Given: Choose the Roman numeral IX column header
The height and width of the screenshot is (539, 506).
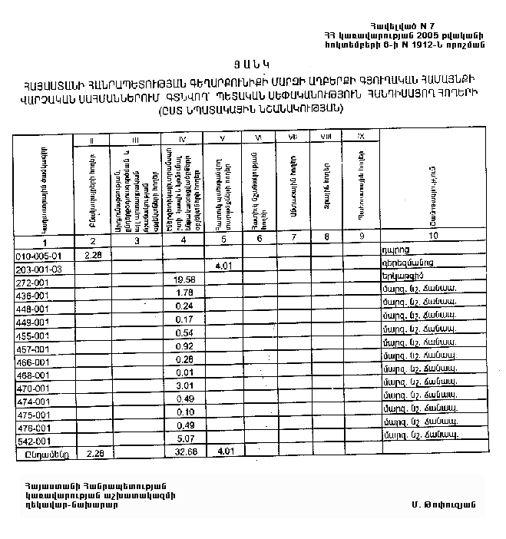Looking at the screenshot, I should tap(360, 136).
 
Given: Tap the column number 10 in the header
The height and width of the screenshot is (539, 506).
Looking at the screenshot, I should tap(435, 236).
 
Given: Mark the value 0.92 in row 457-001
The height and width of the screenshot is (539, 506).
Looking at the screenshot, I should tap(184, 346).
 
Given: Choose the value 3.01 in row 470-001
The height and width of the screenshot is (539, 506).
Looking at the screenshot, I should tap(184, 385).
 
